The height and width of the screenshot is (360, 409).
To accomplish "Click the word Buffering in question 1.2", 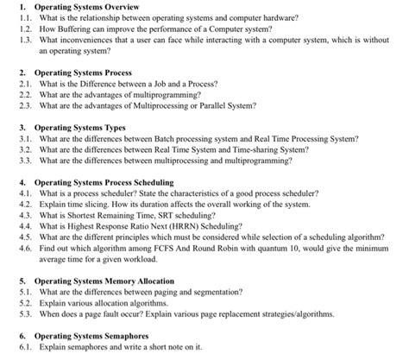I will click(76, 28).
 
